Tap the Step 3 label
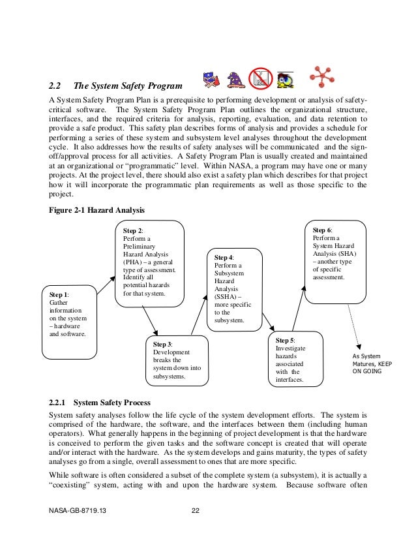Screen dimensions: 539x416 coord(163,344)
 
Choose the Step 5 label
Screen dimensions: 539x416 coord(285,340)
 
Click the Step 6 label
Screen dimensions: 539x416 coord(322,230)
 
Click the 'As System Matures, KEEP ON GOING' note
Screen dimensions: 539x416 coord(372,364)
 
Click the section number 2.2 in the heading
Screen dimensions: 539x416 coord(55,85)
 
